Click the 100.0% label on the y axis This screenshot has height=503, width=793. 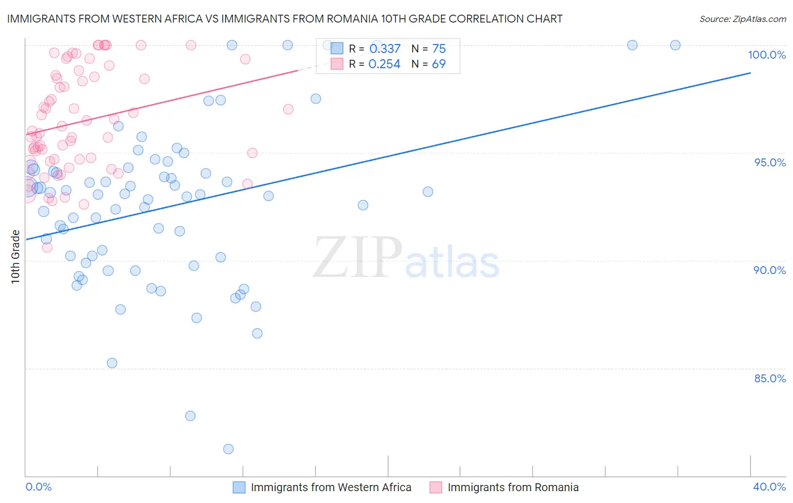coord(766,55)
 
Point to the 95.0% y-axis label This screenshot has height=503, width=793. coord(770,162)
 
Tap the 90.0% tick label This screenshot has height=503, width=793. coord(770,270)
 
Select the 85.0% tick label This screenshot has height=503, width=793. coord(770,378)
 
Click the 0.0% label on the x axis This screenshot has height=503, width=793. coord(38,487)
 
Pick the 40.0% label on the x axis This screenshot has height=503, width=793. coord(769,487)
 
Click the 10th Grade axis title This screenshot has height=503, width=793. coord(15,257)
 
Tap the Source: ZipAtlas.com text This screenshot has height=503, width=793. coord(742,19)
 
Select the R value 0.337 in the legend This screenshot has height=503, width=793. coord(385,49)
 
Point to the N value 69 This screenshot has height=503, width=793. coord(439,64)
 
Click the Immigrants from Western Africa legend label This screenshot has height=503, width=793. coord(331,487)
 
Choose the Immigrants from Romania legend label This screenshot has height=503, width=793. coord(513,487)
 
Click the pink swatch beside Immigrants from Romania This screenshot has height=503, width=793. coord(435,487)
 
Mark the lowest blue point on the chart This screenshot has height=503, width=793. coord(228,449)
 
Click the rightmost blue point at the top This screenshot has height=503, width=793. coord(675,45)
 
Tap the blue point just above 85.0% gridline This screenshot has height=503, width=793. coord(112,363)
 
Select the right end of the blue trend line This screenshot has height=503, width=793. coord(750,73)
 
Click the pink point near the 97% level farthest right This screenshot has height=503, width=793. coord(288,109)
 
